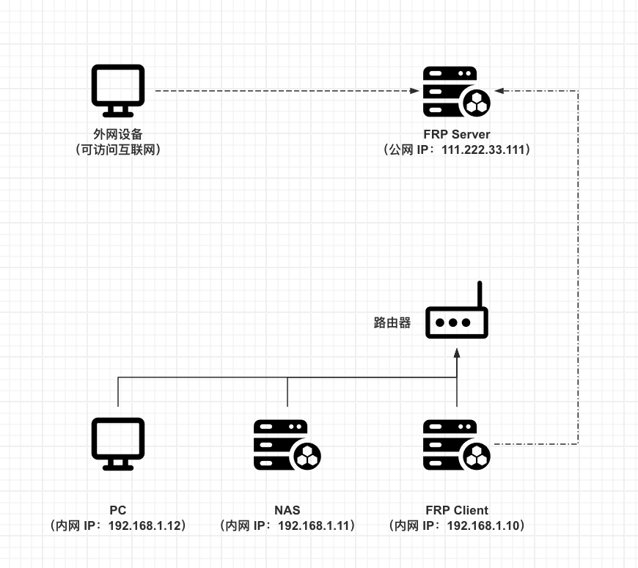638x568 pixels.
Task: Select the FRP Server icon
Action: (x=456, y=92)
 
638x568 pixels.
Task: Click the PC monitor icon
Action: (x=117, y=443)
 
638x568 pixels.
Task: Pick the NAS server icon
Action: (x=287, y=445)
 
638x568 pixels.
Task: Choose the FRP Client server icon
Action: (x=456, y=445)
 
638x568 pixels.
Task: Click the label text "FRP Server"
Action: (x=456, y=134)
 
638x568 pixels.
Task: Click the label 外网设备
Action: (x=117, y=134)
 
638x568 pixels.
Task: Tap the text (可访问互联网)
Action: (x=117, y=150)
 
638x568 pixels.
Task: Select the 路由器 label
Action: (x=392, y=322)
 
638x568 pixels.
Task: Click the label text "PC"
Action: (x=117, y=510)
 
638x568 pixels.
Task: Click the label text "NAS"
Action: (x=287, y=510)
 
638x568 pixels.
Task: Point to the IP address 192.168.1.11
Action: (x=316, y=525)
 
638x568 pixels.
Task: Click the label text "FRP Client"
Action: (x=456, y=510)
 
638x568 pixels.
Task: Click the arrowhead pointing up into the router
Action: (x=457, y=353)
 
